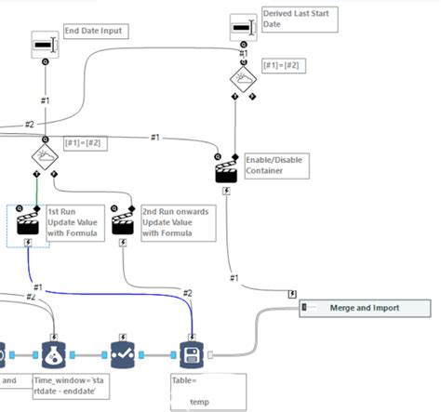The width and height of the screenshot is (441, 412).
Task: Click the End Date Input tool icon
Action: (x=45, y=43)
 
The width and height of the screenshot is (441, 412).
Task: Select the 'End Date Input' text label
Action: (x=93, y=31)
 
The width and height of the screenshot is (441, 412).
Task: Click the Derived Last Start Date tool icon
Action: (x=243, y=28)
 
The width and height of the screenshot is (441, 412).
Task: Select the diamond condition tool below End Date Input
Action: (x=45, y=155)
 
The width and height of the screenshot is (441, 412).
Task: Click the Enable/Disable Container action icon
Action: (x=228, y=171)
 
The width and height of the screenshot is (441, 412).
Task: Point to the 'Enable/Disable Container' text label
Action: (x=274, y=166)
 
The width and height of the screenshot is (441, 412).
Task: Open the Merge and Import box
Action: (x=365, y=308)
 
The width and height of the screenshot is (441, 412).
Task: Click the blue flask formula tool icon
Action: (x=54, y=354)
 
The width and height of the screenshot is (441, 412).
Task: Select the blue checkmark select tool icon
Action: (x=123, y=354)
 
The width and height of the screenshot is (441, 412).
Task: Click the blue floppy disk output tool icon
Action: (x=192, y=354)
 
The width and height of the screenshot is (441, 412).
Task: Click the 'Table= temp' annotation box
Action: (x=207, y=391)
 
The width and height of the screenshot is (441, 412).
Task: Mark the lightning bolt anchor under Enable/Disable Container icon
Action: (x=228, y=191)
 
